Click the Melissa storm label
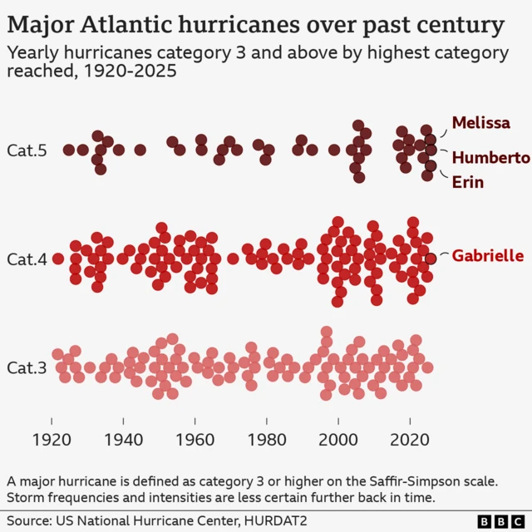click(480, 123)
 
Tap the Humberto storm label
click(490, 157)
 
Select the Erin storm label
click(467, 182)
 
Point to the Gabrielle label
click(487, 256)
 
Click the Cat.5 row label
click(27, 150)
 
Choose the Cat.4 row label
click(27, 259)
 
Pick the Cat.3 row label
click(27, 367)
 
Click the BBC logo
click(497, 520)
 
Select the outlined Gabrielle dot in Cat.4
click(430, 258)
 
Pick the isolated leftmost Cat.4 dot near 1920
click(58, 259)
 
